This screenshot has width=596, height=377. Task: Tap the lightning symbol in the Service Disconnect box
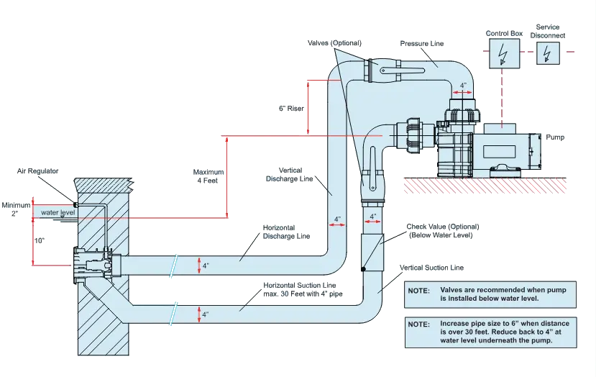[x=549, y=53]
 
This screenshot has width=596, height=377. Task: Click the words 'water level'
[x=58, y=213]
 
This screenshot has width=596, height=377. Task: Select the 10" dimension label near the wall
[x=40, y=241]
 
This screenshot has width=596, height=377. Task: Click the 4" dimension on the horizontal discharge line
[x=206, y=265]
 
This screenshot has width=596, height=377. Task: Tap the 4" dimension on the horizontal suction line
[x=206, y=314]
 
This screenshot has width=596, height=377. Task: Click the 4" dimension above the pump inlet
[x=464, y=86]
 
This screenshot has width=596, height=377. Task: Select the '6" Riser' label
[x=291, y=109]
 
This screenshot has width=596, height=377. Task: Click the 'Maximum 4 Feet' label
[x=208, y=176]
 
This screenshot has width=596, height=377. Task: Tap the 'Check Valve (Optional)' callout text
[x=441, y=230]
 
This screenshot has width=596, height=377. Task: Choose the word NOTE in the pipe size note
[x=418, y=325]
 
